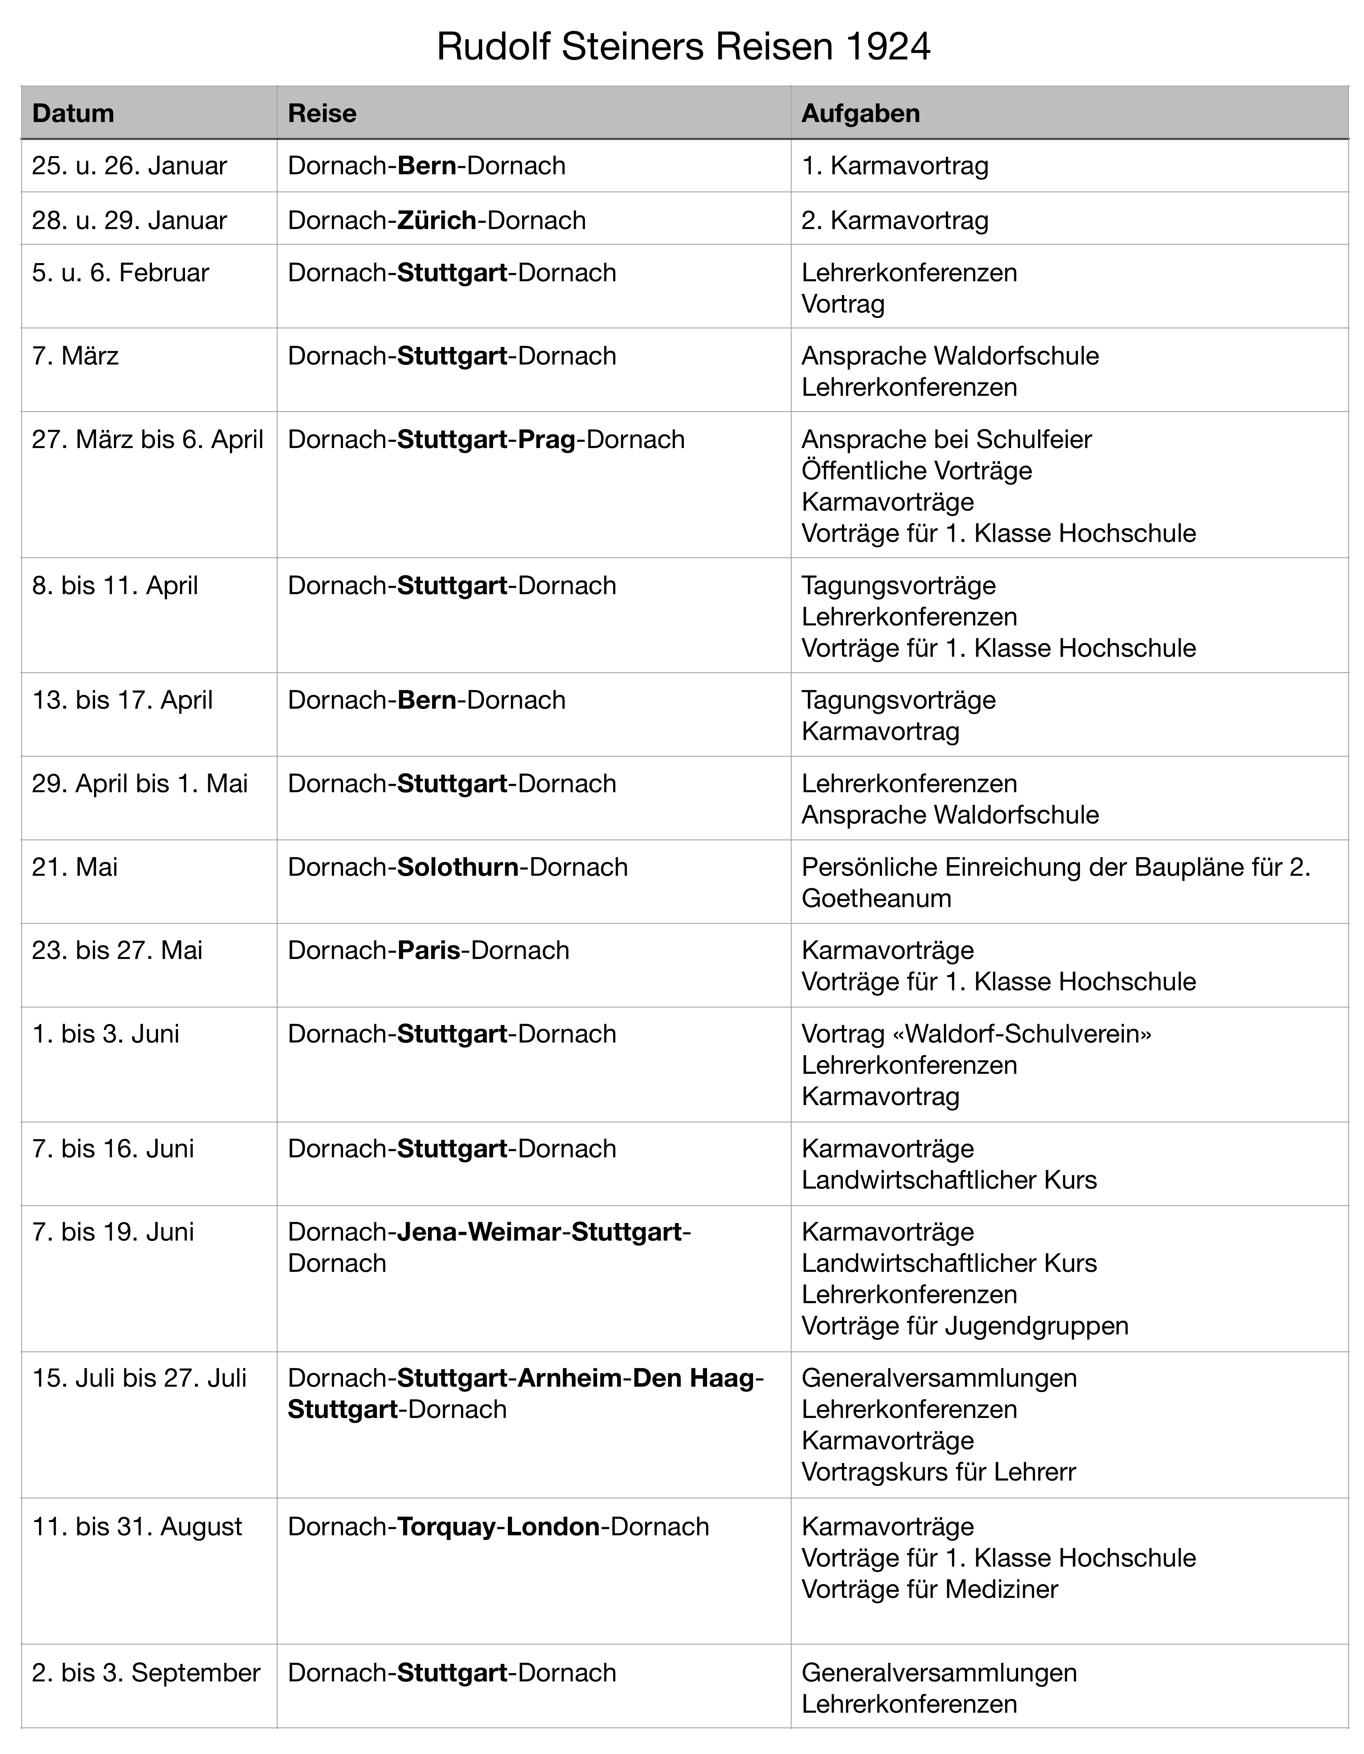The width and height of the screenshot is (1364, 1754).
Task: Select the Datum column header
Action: tap(73, 113)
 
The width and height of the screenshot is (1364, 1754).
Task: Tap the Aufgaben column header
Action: tap(860, 113)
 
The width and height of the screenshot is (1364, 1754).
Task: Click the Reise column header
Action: tap(322, 113)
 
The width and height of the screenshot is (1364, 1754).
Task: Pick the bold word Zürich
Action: tap(437, 220)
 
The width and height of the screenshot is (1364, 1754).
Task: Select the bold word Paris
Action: tap(429, 950)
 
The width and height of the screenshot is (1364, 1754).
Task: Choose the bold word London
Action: tap(553, 1527)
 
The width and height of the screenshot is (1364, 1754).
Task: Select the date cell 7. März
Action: tap(75, 356)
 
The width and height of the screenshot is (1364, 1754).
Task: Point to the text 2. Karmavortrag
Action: tap(895, 220)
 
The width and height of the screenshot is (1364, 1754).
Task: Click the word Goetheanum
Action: tap(876, 898)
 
